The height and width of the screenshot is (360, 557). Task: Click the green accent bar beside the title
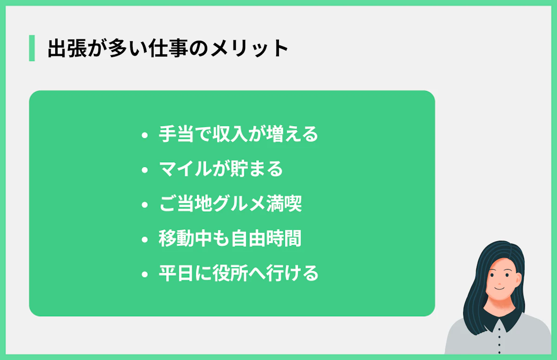tap(32, 48)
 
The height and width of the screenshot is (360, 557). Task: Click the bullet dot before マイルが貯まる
tap(145, 170)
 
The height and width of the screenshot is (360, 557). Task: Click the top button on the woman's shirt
tap(499, 328)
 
